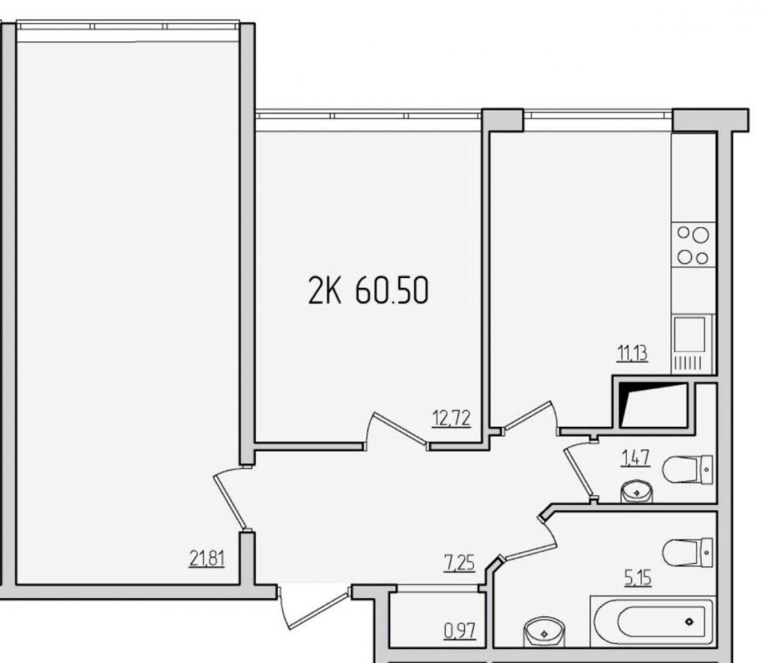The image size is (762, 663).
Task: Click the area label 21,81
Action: (207, 559)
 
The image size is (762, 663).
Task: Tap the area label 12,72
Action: (451, 418)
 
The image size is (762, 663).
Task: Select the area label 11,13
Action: (632, 353)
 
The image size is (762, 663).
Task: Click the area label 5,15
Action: (638, 578)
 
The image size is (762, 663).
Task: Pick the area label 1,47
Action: (636, 458)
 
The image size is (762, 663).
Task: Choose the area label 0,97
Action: (459, 631)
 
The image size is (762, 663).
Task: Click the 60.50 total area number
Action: (392, 290)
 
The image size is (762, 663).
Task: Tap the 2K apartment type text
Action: (325, 290)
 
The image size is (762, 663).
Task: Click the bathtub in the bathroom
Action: (652, 622)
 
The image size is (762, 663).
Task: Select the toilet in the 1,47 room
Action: (687, 469)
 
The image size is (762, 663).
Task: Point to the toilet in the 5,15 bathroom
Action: (687, 552)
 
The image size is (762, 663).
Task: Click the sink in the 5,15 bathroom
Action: (544, 633)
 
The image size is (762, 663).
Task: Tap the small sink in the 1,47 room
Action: (636, 492)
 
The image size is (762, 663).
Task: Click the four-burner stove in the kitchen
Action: (693, 245)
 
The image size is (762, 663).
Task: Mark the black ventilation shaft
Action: (654, 405)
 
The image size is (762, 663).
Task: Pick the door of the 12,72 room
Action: (396, 430)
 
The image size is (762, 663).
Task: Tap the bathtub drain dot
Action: (689, 622)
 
